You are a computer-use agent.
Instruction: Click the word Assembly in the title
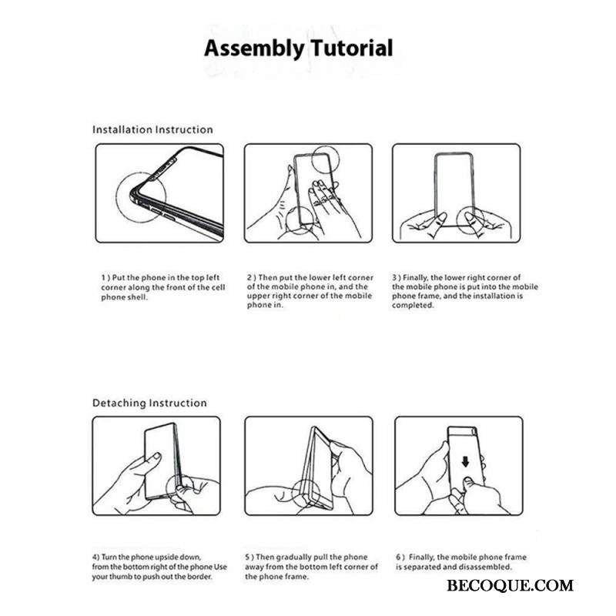coord(254,49)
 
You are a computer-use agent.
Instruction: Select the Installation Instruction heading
coord(152,129)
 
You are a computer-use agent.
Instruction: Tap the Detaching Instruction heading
coord(149,403)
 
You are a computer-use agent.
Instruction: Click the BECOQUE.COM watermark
coord(510,585)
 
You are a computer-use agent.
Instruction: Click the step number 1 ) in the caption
coord(106,278)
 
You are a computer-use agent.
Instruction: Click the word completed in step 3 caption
coord(413,305)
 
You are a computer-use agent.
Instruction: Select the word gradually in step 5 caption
coord(295,557)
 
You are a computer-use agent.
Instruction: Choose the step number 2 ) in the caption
coord(252,278)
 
